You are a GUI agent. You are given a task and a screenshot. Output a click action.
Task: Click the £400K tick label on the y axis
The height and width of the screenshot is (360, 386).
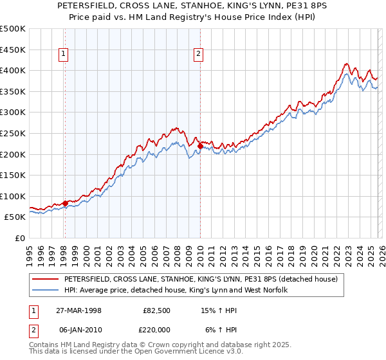(x=13, y=71)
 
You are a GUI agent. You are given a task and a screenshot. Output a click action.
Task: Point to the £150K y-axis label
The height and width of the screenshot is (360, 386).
(x=13, y=175)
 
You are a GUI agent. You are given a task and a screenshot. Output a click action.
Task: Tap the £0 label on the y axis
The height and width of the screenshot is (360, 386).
(x=19, y=238)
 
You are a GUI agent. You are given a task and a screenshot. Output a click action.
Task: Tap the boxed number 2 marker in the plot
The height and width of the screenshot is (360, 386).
(x=199, y=55)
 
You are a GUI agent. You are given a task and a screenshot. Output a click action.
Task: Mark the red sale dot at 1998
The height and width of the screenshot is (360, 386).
(x=66, y=203)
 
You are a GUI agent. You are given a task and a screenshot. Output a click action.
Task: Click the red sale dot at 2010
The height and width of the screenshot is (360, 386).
(x=200, y=147)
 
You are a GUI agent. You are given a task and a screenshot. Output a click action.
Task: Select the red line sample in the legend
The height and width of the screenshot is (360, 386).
(x=45, y=279)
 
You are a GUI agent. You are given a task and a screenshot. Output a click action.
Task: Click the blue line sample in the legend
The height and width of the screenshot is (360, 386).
(x=45, y=290)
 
